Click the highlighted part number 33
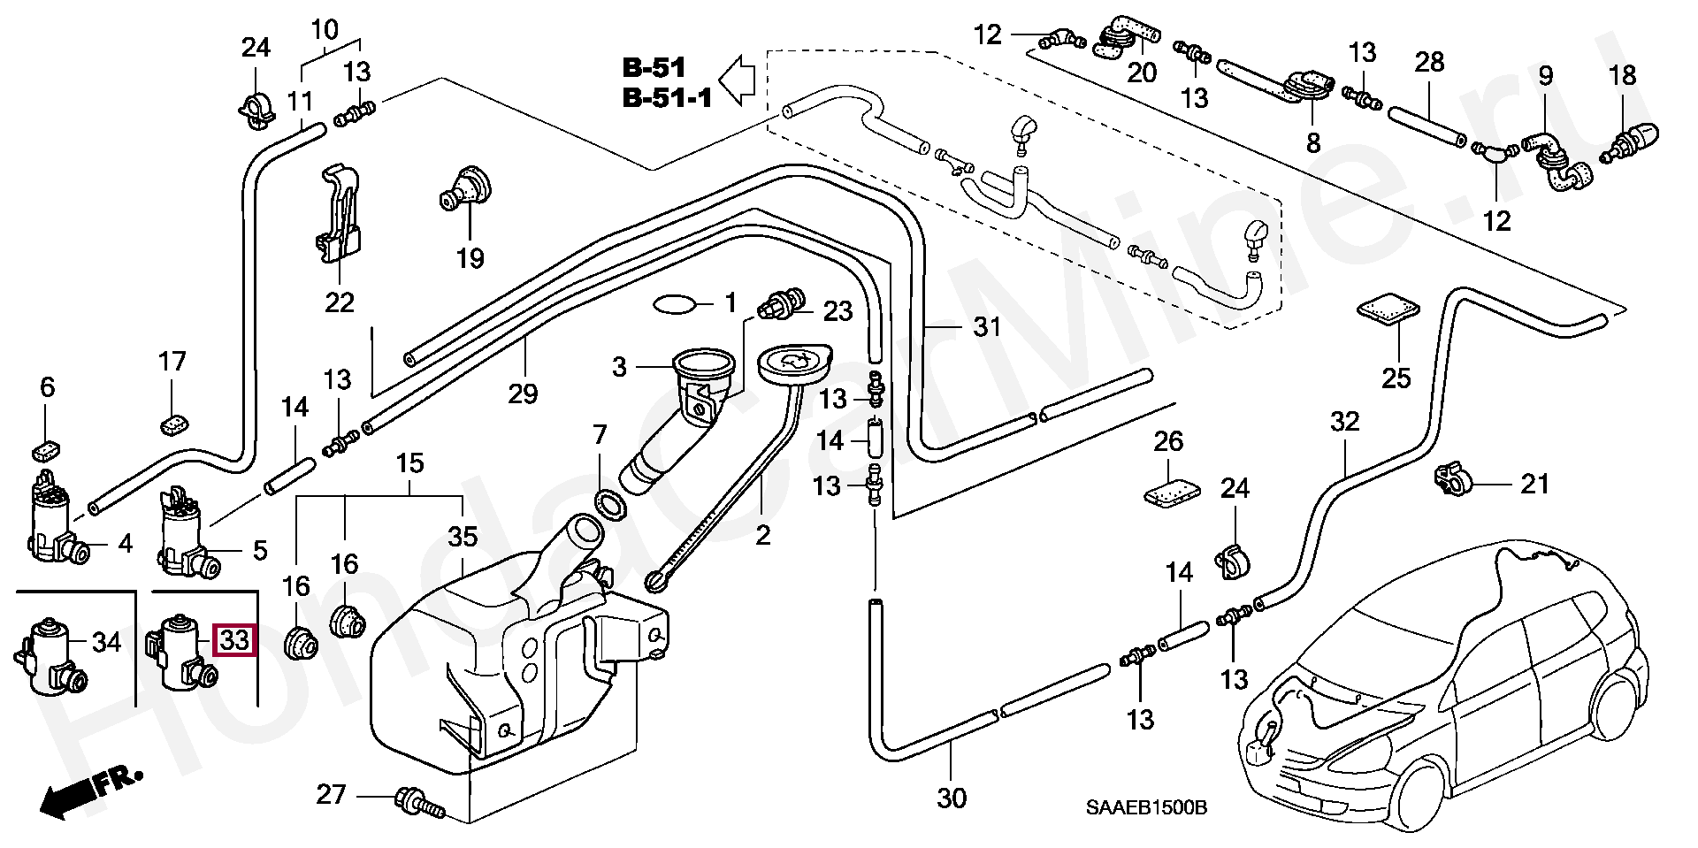(235, 639)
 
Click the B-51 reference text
(654, 67)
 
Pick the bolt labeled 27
(419, 801)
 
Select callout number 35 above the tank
(463, 537)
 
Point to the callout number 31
(986, 328)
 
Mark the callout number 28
(1429, 62)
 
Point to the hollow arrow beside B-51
(736, 80)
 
